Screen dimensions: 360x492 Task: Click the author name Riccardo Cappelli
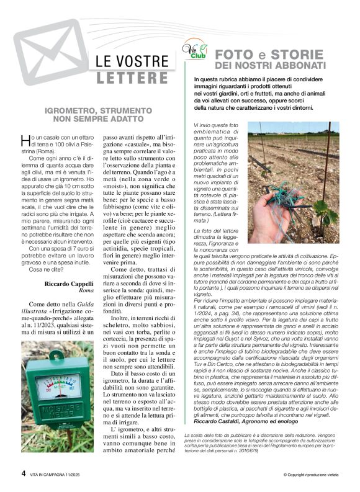(70, 284)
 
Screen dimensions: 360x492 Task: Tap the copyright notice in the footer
(310, 475)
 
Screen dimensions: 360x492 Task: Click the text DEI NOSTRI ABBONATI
(270, 65)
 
